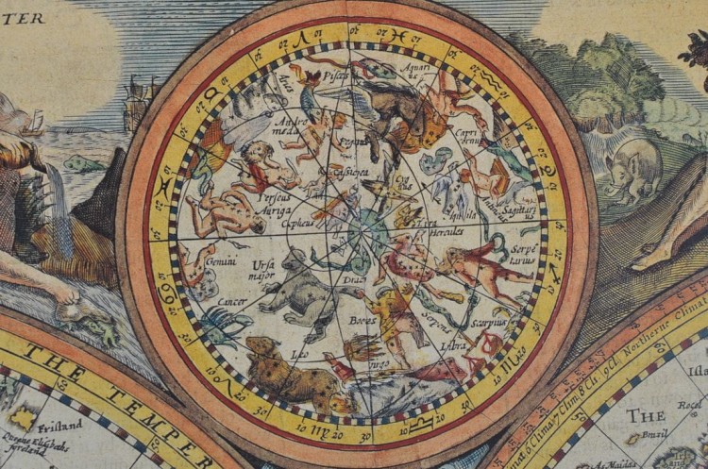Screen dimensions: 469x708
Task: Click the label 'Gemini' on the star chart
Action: coord(221,260)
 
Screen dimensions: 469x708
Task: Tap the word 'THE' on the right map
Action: coord(647,415)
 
